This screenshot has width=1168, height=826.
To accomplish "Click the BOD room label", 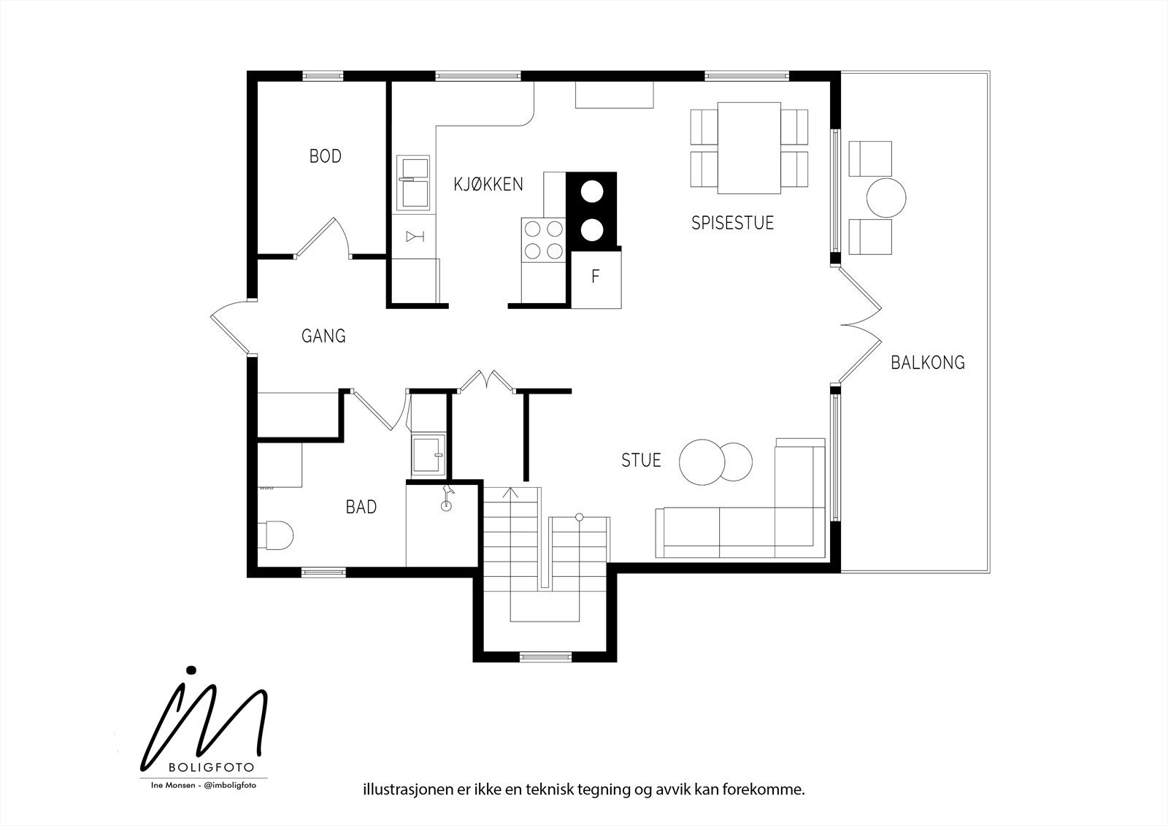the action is coord(326,156).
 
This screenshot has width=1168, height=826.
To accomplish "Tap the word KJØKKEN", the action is coord(488,184).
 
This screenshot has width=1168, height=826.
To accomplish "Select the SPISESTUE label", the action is coord(733,223).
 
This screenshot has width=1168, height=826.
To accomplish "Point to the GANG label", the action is coord(323,335).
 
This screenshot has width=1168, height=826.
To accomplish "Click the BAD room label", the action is coord(361,507).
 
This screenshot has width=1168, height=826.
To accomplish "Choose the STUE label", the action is coord(641,459).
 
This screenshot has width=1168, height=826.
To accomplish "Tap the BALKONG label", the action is coord(928,362).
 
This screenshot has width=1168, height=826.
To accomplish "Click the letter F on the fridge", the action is coord(596,276).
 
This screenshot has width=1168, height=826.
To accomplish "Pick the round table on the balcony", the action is coord(886,198).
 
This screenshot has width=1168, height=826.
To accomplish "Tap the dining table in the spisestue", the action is coord(749,148).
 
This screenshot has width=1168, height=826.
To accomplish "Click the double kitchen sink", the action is coord(413,181).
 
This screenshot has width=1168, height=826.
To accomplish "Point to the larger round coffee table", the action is coord(702,462).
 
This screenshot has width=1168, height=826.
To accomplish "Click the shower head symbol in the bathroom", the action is coord(446,498).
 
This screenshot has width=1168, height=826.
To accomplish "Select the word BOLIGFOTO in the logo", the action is coord(211,768).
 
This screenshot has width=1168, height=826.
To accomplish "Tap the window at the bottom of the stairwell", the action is coord(546,657).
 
